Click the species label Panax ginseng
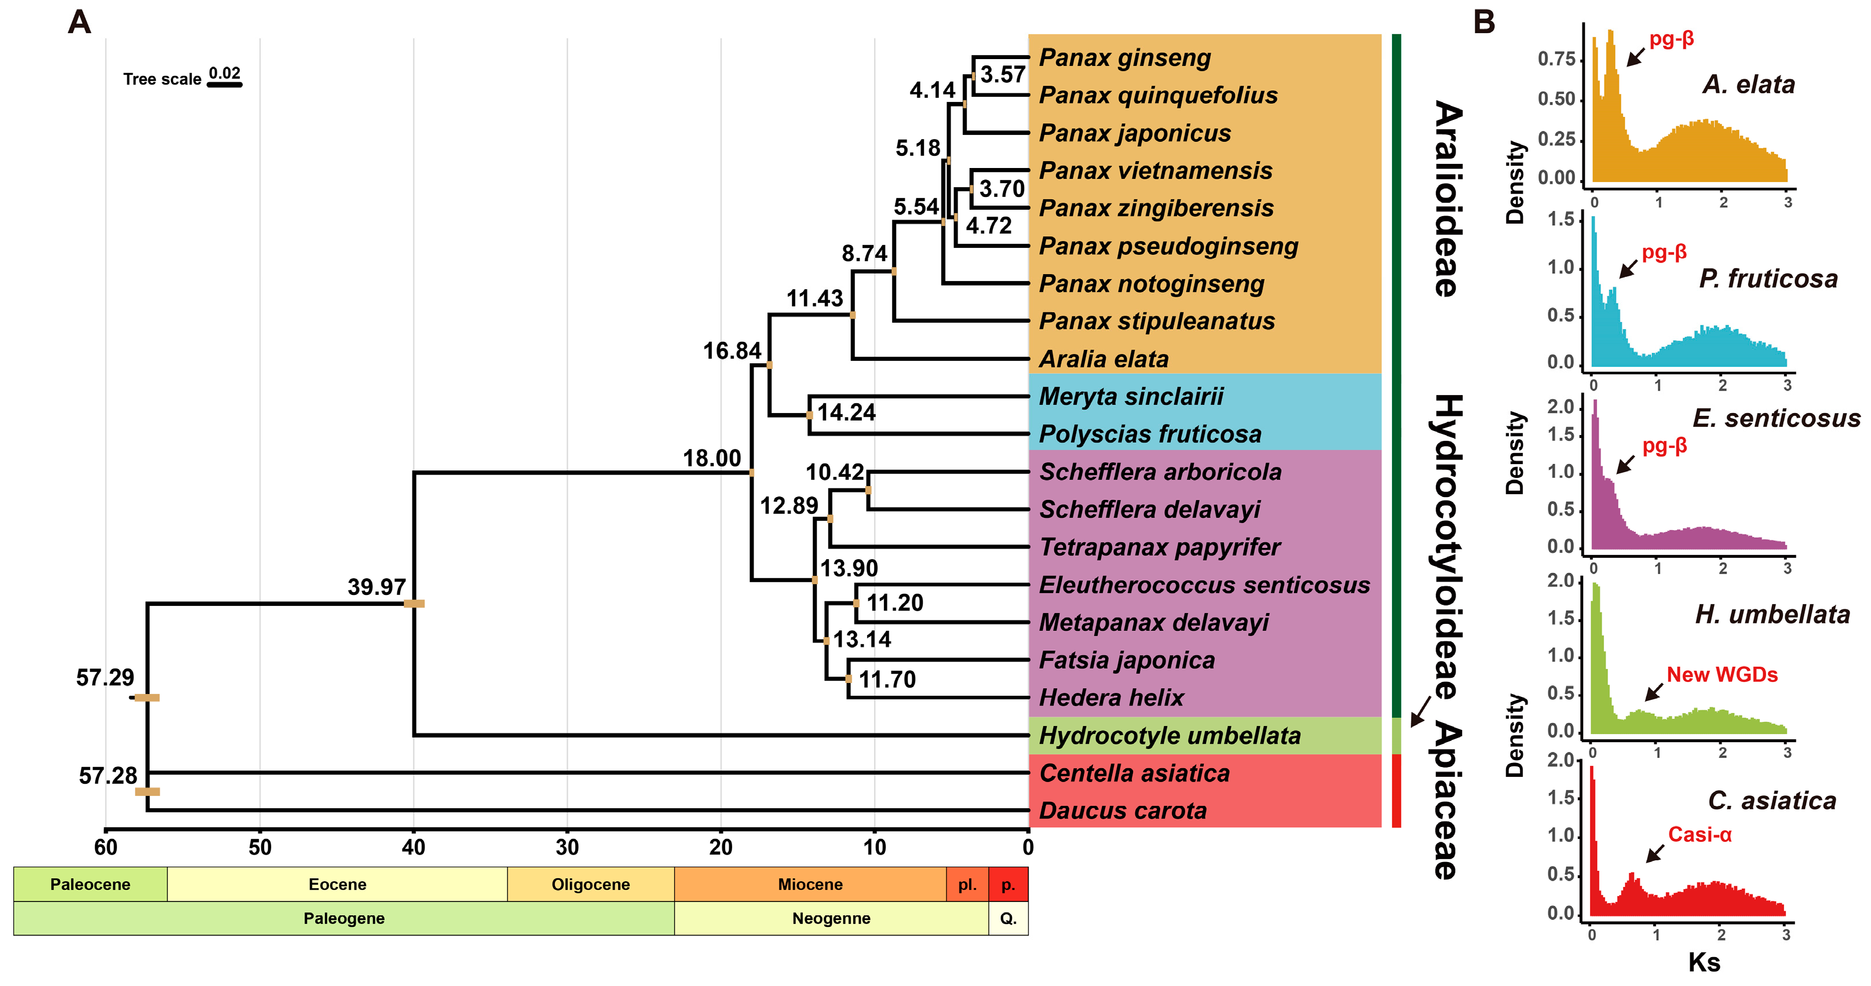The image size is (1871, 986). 1124,57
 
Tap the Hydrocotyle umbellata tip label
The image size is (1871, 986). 1170,735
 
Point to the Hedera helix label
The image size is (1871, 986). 1111,697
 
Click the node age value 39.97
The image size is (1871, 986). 377,586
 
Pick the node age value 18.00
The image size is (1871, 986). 712,458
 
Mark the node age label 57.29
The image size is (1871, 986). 105,677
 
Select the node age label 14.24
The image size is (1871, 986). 846,412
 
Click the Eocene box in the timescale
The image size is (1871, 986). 337,884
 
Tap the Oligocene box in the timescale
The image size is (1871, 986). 590,884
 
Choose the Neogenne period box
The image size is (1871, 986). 831,918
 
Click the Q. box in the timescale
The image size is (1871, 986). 1008,918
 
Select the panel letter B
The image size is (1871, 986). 1484,22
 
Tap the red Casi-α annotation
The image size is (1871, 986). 1700,834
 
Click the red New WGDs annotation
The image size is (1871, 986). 1722,674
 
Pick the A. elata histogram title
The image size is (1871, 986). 1748,84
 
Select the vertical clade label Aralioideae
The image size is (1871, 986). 1448,198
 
